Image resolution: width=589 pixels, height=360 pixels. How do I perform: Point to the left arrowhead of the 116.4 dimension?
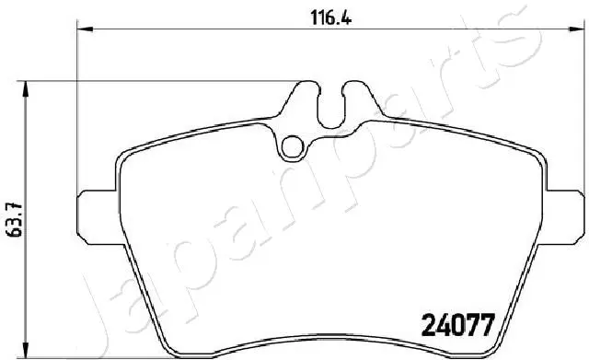point(82,30)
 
